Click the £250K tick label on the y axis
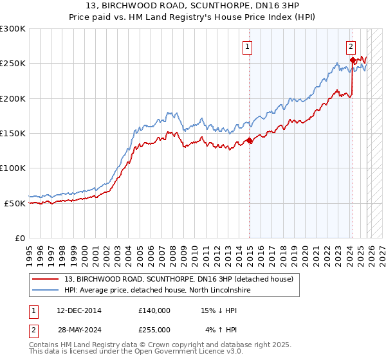13,64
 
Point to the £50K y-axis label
15,203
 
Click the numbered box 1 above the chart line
247,46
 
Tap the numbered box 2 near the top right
351,46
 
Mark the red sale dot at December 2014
250,141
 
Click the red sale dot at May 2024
353,60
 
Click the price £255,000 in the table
154,329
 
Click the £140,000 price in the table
154,310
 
